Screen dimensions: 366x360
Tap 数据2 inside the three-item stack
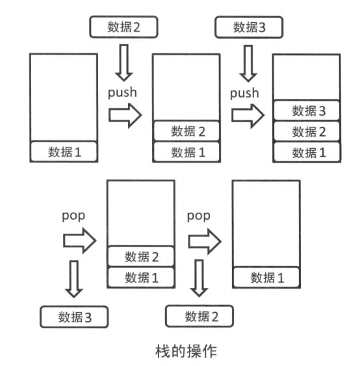point(309,131)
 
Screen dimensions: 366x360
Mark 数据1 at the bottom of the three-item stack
point(309,152)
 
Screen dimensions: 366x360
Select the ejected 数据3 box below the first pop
point(73,317)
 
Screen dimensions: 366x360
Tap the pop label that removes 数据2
point(198,215)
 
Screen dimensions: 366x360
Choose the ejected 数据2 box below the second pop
point(199,317)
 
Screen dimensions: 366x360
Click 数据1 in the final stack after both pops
point(266,278)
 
